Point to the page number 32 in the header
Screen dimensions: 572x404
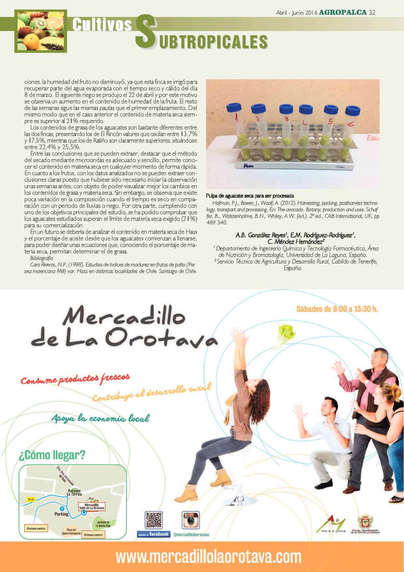(372, 13)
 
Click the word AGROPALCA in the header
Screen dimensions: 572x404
(343, 13)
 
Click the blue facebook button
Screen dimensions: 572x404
(153, 543)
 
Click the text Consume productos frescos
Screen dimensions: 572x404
(75, 379)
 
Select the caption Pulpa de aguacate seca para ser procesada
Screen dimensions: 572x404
(250, 196)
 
